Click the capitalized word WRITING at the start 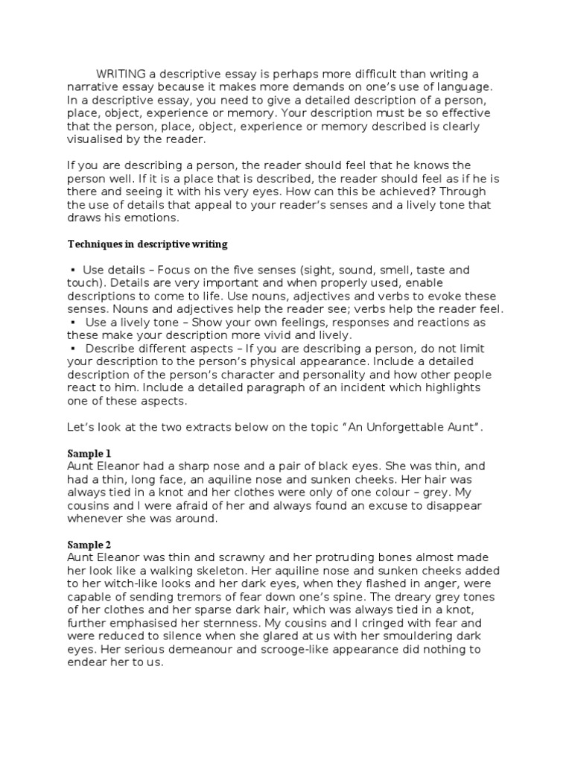tap(121, 74)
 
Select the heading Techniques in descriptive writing tap(147, 244)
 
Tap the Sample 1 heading tap(89, 453)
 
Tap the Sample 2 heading tap(89, 545)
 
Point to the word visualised tap(102, 139)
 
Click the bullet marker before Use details tap(73, 270)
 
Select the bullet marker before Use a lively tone tap(73, 322)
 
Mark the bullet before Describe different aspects tap(73, 348)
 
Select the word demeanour tap(189, 649)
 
